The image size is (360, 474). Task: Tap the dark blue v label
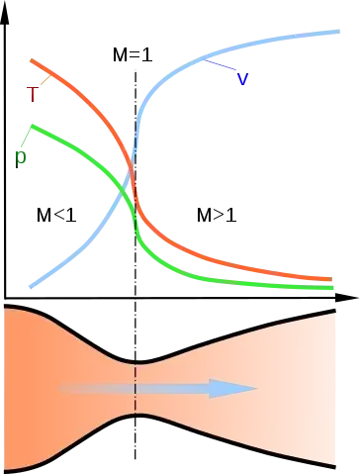coord(244,80)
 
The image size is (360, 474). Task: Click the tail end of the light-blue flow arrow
coord(61,389)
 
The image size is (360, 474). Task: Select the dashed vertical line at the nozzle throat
coord(135,389)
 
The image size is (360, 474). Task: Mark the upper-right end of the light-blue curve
coord(337,31)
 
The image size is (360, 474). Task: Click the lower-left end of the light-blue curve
coord(31,287)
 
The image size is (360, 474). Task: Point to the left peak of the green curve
coord(32,126)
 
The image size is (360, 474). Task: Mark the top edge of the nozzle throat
coord(135,363)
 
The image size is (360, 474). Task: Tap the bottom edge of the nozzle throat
coord(135,415)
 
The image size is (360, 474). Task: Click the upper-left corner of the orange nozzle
coord(6,309)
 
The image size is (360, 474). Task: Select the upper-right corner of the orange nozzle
coord(338,312)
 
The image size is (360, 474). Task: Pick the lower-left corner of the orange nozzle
coord(6,469)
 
